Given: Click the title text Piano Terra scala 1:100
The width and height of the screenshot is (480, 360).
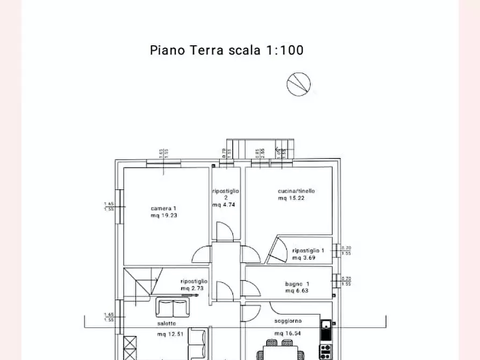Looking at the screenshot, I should [x=226, y=51].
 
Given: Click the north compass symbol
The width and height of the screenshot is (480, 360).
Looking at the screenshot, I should [x=298, y=84].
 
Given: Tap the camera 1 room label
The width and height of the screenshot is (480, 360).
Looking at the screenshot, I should [x=163, y=208].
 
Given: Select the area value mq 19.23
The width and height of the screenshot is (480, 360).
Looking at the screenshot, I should [x=164, y=215].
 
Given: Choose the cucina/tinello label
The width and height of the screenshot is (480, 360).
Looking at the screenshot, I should [x=296, y=191].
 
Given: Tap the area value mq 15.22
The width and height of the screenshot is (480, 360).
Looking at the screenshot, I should [x=291, y=198].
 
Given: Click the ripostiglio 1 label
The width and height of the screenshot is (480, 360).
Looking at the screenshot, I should [x=308, y=251].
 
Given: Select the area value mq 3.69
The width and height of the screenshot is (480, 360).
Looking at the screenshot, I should [x=304, y=258].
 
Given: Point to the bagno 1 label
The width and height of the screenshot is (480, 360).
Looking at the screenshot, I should [x=297, y=284].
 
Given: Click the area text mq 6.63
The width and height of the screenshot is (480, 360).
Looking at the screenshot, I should [x=297, y=291].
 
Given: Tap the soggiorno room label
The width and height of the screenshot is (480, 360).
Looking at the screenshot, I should [x=288, y=321].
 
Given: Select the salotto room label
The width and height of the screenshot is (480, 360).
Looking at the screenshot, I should [x=166, y=323].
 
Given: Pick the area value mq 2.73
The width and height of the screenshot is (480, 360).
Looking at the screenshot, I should [x=193, y=288].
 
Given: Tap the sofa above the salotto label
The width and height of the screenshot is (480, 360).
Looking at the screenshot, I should [x=172, y=307].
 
